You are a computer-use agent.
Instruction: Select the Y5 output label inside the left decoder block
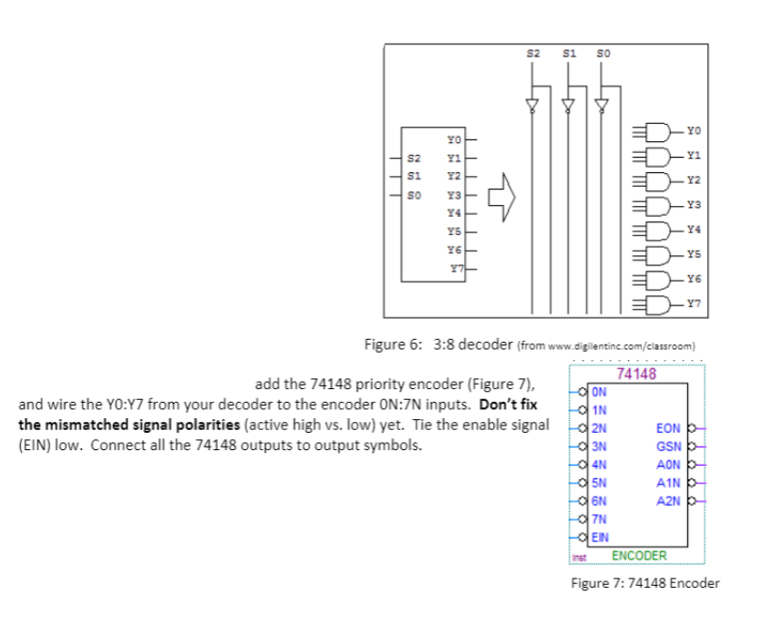point(454,231)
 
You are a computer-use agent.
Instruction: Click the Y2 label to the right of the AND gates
point(695,179)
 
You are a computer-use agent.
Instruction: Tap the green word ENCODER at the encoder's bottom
point(639,555)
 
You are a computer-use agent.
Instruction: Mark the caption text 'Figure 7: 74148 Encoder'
point(644,583)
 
